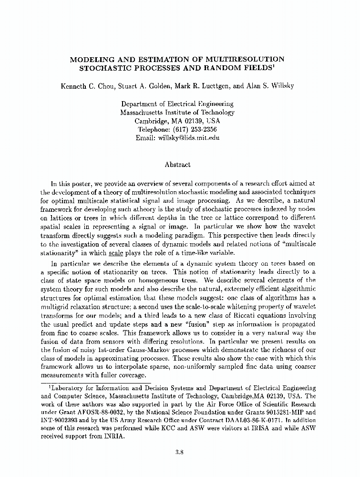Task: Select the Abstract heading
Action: pyautogui.click(x=177, y=165)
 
